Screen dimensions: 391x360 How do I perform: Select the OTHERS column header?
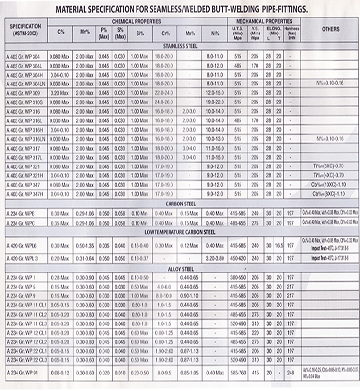[x=331, y=29]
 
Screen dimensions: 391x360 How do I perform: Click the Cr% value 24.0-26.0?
[x=163, y=101]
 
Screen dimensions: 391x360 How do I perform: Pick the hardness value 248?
[x=291, y=373]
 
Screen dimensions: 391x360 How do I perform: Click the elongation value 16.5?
[x=279, y=246]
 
